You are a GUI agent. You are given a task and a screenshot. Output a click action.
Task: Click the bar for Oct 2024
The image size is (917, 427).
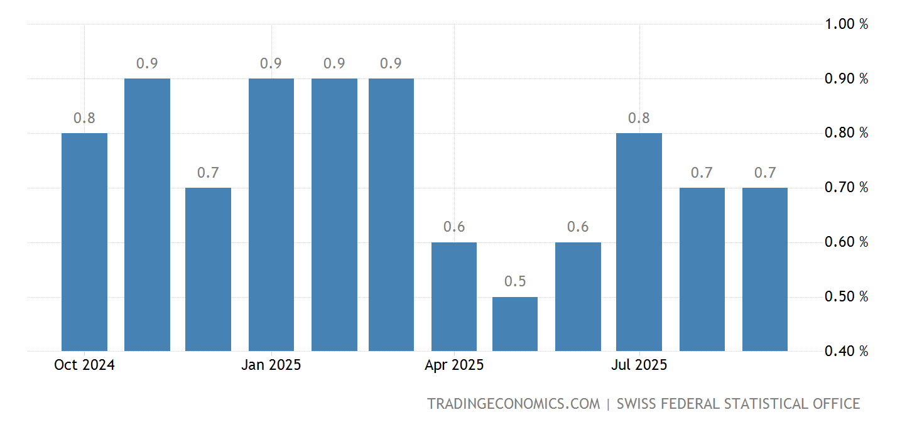pyautogui.click(x=84, y=242)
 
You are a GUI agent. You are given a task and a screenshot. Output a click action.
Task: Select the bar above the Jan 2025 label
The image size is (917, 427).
pyautogui.click(x=271, y=215)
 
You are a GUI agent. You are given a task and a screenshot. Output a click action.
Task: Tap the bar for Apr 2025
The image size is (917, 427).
pyautogui.click(x=454, y=296)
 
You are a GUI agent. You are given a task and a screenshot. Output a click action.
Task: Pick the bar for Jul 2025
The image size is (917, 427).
pyautogui.click(x=639, y=242)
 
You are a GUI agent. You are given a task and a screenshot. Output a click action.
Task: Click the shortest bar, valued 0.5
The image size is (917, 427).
pyautogui.click(x=515, y=324)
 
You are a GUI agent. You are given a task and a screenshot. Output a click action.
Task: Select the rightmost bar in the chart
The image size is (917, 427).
pyautogui.click(x=764, y=269)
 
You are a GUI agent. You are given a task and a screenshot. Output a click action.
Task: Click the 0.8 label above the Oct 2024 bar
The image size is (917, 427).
pyautogui.click(x=84, y=118)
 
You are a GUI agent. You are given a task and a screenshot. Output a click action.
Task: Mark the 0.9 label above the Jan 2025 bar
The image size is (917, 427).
pyautogui.click(x=271, y=63)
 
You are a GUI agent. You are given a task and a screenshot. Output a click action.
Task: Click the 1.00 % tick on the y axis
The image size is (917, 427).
pyautogui.click(x=846, y=24)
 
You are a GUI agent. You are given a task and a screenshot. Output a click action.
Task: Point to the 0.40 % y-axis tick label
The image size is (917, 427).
pyautogui.click(x=846, y=351)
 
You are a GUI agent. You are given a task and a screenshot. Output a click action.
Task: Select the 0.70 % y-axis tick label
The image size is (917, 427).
pyautogui.click(x=846, y=188)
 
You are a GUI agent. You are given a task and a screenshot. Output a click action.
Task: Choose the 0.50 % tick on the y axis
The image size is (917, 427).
pyautogui.click(x=846, y=296)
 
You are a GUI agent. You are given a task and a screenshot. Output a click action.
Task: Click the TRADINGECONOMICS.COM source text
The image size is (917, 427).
pyautogui.click(x=513, y=404)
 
